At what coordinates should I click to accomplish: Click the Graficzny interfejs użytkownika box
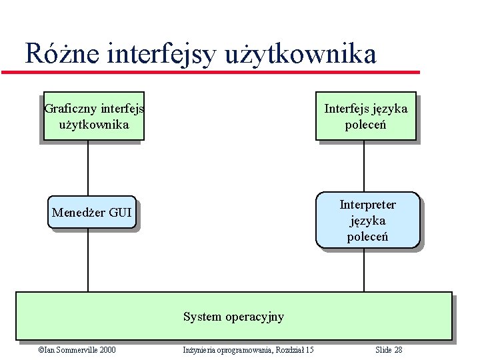click(93, 116)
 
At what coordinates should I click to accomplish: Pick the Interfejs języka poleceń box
click(365, 116)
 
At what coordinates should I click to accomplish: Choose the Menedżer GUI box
click(92, 213)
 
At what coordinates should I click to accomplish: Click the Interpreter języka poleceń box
click(367, 220)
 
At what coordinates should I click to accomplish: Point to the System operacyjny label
click(233, 317)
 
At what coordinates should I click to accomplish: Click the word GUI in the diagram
click(120, 213)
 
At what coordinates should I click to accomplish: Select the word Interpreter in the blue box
click(367, 205)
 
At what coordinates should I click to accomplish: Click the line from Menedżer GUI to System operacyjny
click(88, 260)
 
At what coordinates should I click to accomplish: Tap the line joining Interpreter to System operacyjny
click(364, 270)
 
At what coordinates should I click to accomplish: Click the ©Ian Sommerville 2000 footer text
click(77, 350)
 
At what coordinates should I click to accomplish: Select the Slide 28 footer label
click(389, 350)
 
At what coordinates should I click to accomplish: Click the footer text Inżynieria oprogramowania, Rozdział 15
click(248, 350)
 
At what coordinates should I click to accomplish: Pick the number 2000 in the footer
click(106, 350)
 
